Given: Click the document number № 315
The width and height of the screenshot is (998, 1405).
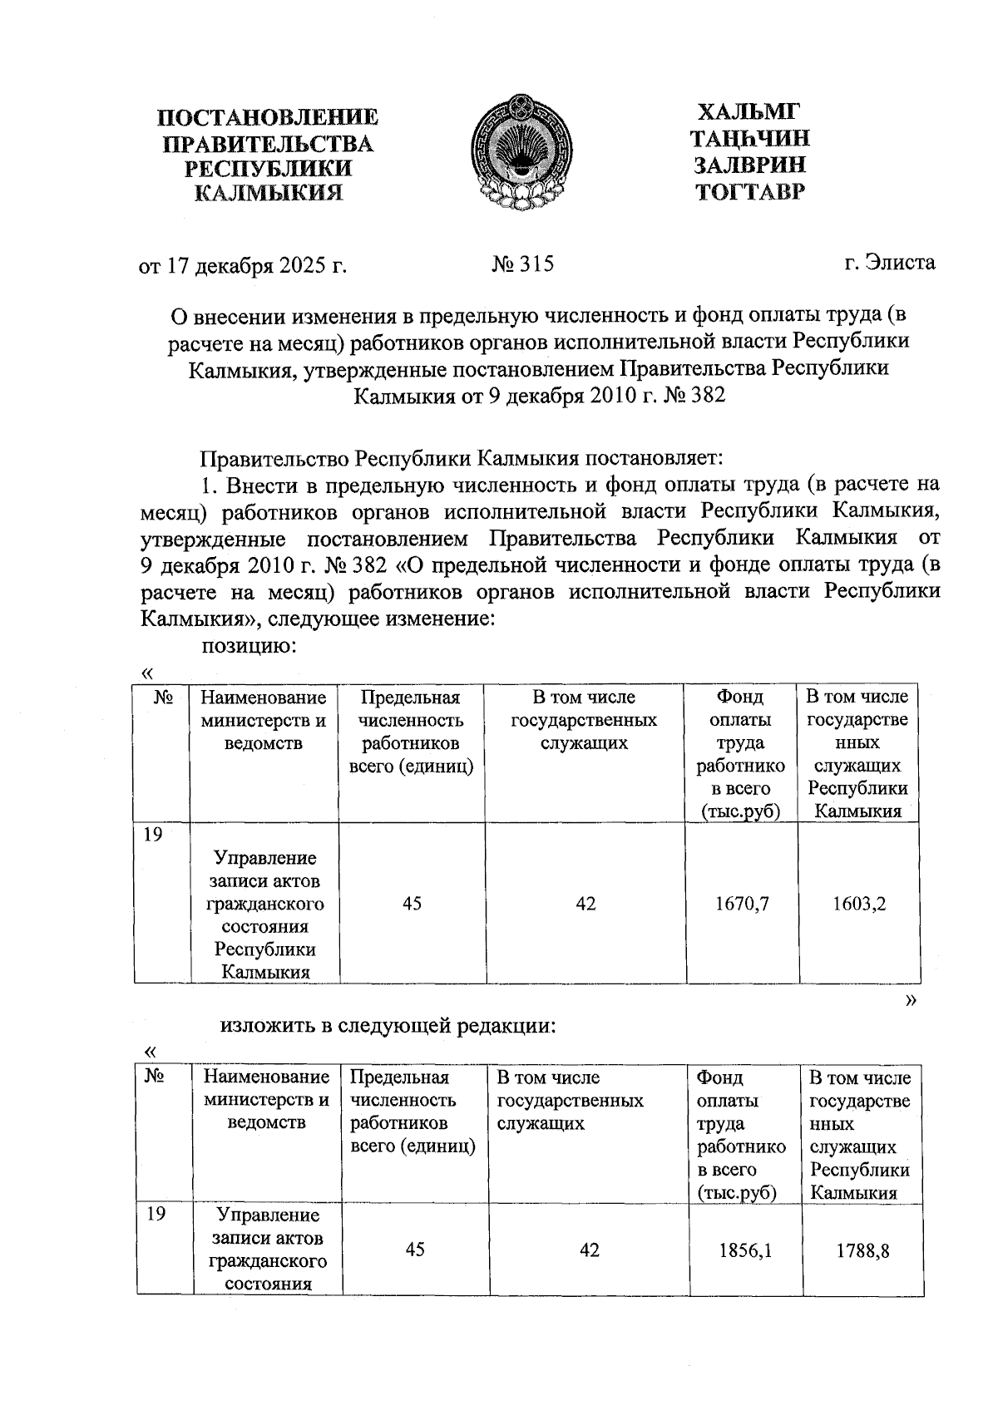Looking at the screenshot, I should point(522,264).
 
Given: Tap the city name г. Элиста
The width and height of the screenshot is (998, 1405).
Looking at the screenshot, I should point(889,263).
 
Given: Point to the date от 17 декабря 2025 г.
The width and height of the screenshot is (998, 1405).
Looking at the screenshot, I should point(242,266).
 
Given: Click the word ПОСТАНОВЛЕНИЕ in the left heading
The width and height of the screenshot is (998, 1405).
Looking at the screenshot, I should point(268,117).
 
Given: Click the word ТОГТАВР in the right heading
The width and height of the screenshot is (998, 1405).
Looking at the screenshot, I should point(750,193).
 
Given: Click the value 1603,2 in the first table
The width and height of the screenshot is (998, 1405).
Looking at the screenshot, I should point(859,903).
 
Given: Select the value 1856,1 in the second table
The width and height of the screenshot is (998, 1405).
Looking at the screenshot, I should point(745,1250).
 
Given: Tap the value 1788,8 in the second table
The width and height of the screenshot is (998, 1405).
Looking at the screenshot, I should point(862,1250).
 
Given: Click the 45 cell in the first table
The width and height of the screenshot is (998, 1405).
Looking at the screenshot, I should point(412,903).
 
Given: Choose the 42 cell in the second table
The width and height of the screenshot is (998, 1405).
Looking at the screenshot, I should point(589,1250).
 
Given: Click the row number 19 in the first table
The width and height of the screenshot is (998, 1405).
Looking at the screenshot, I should point(152,835).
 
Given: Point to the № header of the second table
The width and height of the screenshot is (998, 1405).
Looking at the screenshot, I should point(153,1077).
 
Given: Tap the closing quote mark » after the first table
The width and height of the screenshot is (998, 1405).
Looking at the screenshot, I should point(911,999).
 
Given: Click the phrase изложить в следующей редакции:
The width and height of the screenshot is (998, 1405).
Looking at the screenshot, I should point(387,1026).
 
